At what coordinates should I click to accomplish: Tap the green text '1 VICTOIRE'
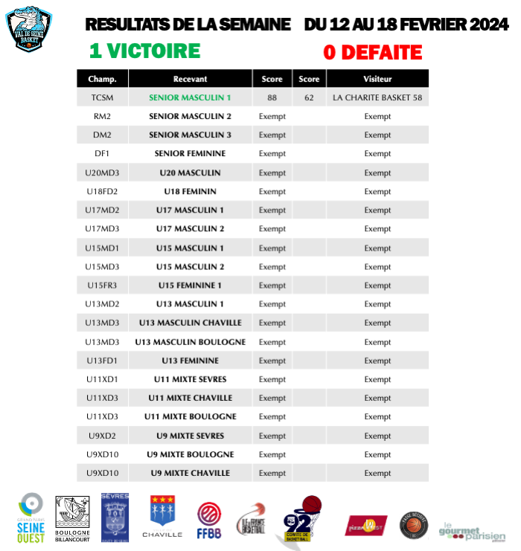(x=144, y=51)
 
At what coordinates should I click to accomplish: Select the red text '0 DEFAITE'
(x=372, y=53)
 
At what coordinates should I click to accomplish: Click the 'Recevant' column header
(x=190, y=79)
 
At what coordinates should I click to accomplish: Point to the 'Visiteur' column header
(x=377, y=79)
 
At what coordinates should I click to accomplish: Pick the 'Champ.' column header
(x=102, y=79)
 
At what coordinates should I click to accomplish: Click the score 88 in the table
(x=272, y=97)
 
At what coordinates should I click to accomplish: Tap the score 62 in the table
(x=309, y=97)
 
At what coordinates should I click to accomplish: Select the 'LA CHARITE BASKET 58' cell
(x=377, y=97)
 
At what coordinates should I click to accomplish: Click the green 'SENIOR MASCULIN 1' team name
(x=190, y=97)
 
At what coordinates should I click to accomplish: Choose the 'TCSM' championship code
(x=102, y=97)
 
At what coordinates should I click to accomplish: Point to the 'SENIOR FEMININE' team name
(x=190, y=154)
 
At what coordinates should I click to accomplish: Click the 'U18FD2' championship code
(x=102, y=191)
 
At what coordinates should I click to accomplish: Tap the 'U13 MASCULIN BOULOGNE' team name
(x=190, y=342)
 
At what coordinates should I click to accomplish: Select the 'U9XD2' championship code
(x=102, y=436)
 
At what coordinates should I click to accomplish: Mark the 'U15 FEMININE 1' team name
(x=190, y=286)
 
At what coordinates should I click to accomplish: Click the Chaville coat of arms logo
(x=162, y=516)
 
